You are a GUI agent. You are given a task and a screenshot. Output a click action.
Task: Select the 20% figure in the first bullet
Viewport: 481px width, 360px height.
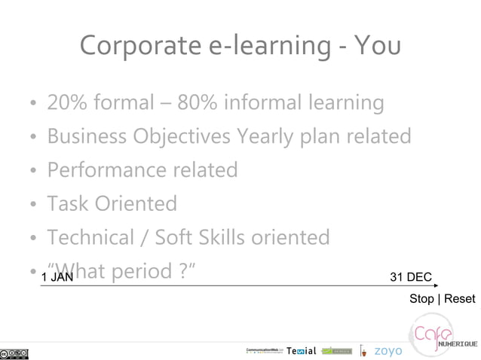point(66,102)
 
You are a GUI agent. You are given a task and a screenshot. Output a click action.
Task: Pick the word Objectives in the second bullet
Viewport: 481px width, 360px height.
point(181,136)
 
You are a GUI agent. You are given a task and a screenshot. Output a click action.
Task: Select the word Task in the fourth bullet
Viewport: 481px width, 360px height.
point(68,203)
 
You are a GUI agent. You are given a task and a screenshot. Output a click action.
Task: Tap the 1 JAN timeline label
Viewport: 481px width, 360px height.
point(57,277)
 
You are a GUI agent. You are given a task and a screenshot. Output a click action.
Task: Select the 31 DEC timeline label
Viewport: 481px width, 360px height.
point(411,277)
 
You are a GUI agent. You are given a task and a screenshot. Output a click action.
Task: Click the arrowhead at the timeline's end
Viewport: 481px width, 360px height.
point(435,285)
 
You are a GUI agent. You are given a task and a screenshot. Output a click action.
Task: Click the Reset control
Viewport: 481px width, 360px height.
point(459,299)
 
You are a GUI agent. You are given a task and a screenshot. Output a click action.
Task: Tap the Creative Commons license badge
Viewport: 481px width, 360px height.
point(14,353)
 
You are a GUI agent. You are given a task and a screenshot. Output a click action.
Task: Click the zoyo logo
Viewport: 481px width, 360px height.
point(388,351)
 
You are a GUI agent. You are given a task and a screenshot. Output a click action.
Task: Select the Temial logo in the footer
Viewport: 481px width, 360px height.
point(302,351)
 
